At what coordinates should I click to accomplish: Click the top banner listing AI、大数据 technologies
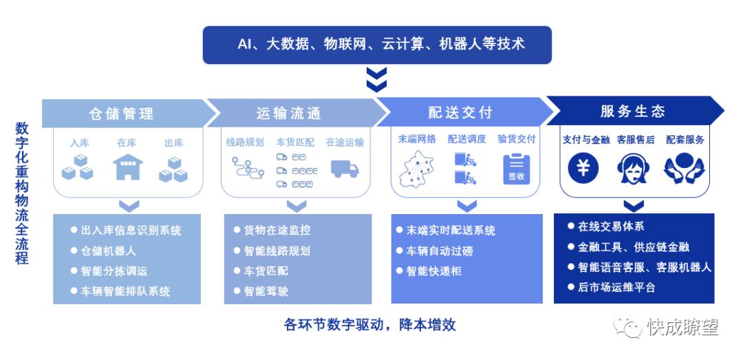pyautogui.click(x=377, y=45)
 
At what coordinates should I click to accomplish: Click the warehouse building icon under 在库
pyautogui.click(x=128, y=167)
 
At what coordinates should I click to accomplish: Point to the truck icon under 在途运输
pyautogui.click(x=345, y=169)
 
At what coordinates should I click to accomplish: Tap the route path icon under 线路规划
pyautogui.click(x=248, y=167)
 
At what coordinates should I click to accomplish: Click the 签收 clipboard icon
pyautogui.click(x=516, y=169)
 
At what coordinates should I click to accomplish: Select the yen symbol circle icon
pyautogui.click(x=583, y=168)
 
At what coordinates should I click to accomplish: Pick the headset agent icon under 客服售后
pyautogui.click(x=633, y=168)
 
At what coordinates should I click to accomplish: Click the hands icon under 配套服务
pyautogui.click(x=685, y=168)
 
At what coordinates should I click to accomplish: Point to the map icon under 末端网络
pyautogui.click(x=416, y=169)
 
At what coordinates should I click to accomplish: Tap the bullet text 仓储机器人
pyautogui.click(x=108, y=251)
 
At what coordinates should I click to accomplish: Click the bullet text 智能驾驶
pyautogui.click(x=266, y=290)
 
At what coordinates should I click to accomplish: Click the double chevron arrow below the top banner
pyautogui.click(x=377, y=79)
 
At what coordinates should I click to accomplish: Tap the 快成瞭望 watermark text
pyautogui.click(x=683, y=327)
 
